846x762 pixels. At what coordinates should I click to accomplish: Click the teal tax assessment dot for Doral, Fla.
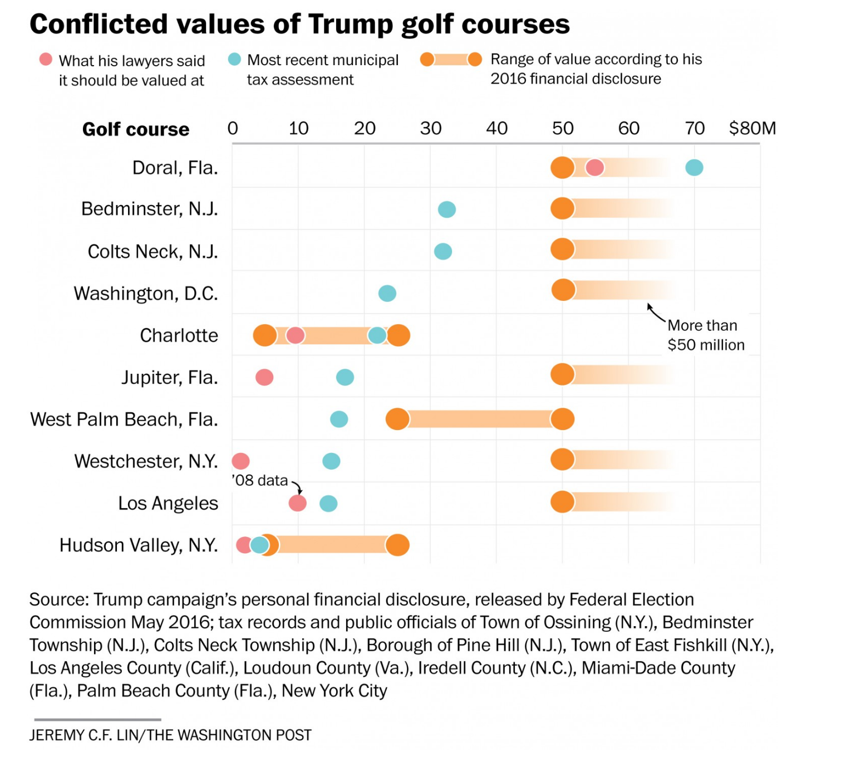tap(694, 167)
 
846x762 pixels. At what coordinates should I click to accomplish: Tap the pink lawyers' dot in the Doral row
tap(594, 167)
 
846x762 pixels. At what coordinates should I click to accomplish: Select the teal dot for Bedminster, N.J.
tap(446, 209)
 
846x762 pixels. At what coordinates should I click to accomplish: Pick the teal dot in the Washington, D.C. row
tap(387, 293)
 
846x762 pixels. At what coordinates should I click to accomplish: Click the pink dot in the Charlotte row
tap(295, 335)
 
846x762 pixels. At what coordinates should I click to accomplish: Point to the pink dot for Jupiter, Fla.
tap(264, 377)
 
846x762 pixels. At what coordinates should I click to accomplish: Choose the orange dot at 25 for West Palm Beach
tap(397, 419)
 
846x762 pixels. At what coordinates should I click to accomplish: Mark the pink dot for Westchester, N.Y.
tap(240, 461)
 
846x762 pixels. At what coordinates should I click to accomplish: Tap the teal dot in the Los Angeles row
tap(328, 504)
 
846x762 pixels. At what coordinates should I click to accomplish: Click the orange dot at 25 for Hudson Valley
tap(397, 545)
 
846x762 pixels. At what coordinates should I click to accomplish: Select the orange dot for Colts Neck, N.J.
tap(562, 249)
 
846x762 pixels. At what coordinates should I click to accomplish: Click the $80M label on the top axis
tap(752, 129)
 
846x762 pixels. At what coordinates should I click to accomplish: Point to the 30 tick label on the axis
tap(430, 129)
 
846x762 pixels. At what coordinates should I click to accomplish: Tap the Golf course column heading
tap(136, 129)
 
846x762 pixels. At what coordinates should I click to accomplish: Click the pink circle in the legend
tap(46, 59)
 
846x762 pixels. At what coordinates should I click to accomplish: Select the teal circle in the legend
tap(234, 59)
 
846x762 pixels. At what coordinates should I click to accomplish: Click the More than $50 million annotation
tap(705, 335)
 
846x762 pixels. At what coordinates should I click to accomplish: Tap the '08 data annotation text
tap(260, 480)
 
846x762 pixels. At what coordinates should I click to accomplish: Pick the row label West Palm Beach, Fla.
tap(124, 419)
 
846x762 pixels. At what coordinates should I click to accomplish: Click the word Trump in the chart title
tap(351, 25)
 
